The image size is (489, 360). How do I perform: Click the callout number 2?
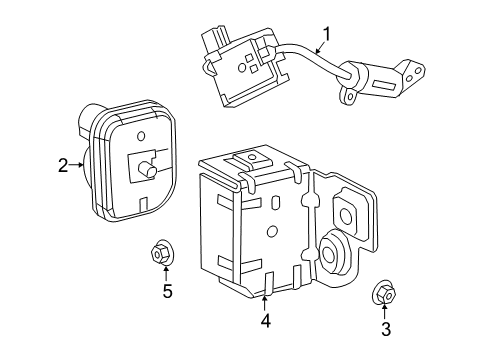point(63,166)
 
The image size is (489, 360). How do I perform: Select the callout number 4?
point(265,321)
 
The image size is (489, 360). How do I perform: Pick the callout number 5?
point(167,292)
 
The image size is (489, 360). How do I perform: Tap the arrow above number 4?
point(265,303)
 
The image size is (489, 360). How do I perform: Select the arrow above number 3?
point(384,311)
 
